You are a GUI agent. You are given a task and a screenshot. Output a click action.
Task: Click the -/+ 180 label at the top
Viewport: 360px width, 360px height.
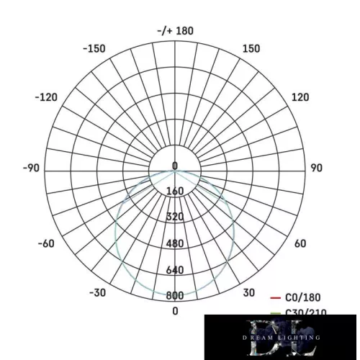tap(175, 31)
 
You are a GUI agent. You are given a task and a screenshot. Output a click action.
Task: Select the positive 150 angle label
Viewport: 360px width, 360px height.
tap(251, 48)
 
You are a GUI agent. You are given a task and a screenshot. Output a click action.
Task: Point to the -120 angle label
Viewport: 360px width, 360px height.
tap(45, 97)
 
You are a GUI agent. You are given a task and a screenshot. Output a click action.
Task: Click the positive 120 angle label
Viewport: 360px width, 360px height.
tap(300, 97)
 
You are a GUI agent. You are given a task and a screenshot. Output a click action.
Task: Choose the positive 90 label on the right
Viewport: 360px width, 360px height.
tap(316, 168)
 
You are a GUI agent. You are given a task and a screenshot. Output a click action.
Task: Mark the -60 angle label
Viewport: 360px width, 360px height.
tap(45, 243)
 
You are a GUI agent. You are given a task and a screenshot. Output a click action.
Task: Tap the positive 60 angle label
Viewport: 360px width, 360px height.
tap(300, 243)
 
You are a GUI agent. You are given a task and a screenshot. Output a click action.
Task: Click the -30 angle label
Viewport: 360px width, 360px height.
tap(98, 292)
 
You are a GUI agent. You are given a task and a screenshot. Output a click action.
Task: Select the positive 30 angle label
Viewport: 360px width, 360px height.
tap(248, 292)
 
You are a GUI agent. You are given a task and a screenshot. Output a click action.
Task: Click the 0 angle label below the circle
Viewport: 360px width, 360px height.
tap(175, 310)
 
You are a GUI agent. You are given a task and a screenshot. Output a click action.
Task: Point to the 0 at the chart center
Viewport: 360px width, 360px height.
tap(175, 166)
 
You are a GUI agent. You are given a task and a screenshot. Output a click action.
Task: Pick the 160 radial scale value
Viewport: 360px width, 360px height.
tap(175, 192)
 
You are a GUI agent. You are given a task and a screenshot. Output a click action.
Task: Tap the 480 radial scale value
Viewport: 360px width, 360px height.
tap(175, 243)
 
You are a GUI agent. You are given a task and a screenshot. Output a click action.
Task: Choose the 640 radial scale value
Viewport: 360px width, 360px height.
tap(175, 270)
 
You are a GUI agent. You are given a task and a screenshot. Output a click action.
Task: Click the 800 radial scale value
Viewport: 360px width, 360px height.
tap(175, 295)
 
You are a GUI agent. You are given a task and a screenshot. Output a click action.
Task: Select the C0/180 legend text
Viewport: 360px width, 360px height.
tap(303, 297)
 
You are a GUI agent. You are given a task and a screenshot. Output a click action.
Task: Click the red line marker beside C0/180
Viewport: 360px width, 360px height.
tap(274, 297)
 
